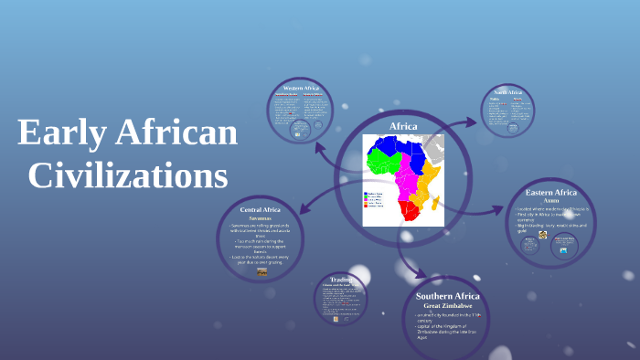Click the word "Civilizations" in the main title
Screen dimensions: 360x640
coord(128,173)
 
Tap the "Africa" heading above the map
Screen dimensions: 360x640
coord(403,126)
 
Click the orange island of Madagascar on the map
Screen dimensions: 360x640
coord(436,203)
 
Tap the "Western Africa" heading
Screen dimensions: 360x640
coord(305,87)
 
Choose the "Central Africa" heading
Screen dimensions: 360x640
coord(261,209)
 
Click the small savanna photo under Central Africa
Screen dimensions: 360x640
coord(262,271)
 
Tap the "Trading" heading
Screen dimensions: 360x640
coord(341,280)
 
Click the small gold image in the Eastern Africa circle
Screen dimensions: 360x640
coord(542,235)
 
